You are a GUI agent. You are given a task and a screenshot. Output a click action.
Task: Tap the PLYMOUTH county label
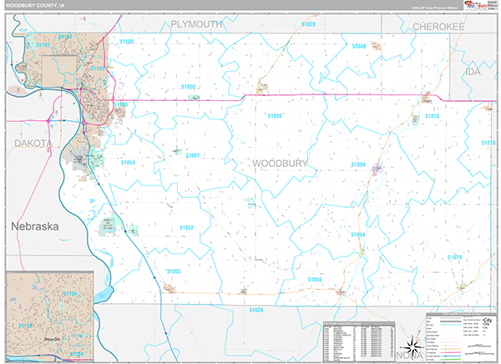(197, 25)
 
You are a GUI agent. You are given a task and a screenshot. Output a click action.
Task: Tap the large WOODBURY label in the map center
(280, 163)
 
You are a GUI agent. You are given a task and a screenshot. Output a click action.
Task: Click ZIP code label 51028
(308, 25)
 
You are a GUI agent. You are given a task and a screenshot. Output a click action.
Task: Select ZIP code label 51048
(359, 46)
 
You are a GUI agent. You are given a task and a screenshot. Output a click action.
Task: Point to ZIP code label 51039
(275, 116)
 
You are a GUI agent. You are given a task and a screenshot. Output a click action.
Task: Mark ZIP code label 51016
(432, 116)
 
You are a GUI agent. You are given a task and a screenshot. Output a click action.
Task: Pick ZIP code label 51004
(358, 164)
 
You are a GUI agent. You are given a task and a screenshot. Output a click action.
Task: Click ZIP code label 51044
(358, 235)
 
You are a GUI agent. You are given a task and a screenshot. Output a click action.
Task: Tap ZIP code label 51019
(453, 257)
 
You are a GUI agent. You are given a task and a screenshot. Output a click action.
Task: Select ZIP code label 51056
(315, 279)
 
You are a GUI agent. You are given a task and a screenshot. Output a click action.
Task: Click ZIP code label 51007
(193, 155)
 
